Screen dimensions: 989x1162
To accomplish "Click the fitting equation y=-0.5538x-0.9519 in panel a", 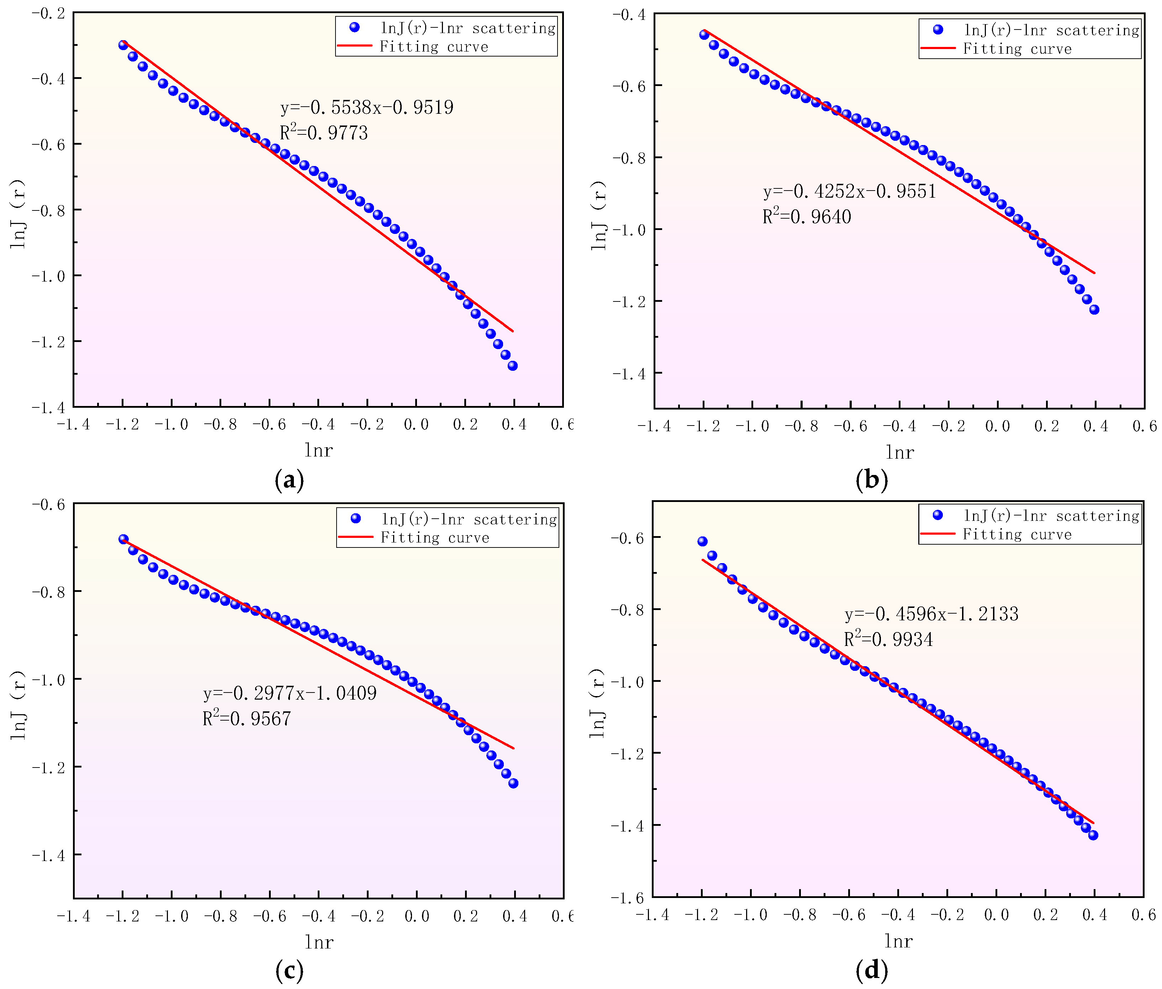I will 367,107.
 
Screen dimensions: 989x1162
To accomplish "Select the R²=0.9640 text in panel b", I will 807,216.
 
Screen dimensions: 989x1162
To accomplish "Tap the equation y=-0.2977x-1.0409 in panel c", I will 289,693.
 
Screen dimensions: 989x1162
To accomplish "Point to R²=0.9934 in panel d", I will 888,639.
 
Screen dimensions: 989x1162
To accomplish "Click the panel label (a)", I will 289,480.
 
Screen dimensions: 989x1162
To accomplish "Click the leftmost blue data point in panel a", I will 123,45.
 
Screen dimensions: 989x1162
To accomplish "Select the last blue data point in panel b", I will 1094,309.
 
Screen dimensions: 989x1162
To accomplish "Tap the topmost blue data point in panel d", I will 702,541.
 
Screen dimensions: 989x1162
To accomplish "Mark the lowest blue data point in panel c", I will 513,784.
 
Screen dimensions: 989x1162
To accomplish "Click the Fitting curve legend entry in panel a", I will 433,47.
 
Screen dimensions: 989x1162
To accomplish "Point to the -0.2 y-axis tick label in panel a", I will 48,12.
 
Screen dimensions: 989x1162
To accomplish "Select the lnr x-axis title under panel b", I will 899,452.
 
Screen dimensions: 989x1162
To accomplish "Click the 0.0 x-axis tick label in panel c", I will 416,917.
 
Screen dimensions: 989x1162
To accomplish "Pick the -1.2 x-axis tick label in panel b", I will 703,427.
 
